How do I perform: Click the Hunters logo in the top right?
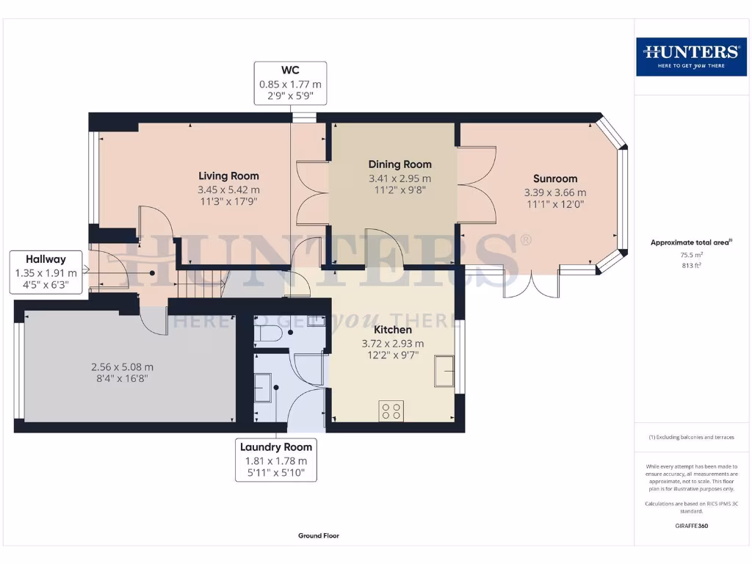coord(691,57)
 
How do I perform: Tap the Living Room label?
coord(229,176)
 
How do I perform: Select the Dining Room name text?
coord(400,164)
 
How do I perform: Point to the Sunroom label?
coord(555,178)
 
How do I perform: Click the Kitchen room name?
coord(393,330)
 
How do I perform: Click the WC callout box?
coord(290,83)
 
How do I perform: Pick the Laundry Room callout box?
coord(276,460)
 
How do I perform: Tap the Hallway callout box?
coord(46,272)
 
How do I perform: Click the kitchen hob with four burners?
coord(391,411)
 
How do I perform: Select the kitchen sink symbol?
coord(444,371)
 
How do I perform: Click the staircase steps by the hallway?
coord(201,284)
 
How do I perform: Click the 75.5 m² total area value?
coord(691,255)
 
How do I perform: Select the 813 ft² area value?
coord(691,265)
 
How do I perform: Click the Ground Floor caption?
coord(319,535)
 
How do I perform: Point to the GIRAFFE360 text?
coord(691,526)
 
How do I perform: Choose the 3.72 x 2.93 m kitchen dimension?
coord(393,344)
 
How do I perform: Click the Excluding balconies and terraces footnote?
coord(691,437)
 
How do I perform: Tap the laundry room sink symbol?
coord(263,388)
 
